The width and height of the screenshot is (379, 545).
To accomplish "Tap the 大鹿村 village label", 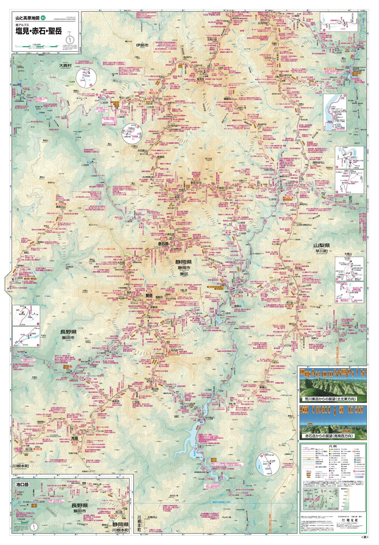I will point(65,66).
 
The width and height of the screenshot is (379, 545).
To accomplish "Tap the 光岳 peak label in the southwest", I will point(75,439).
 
